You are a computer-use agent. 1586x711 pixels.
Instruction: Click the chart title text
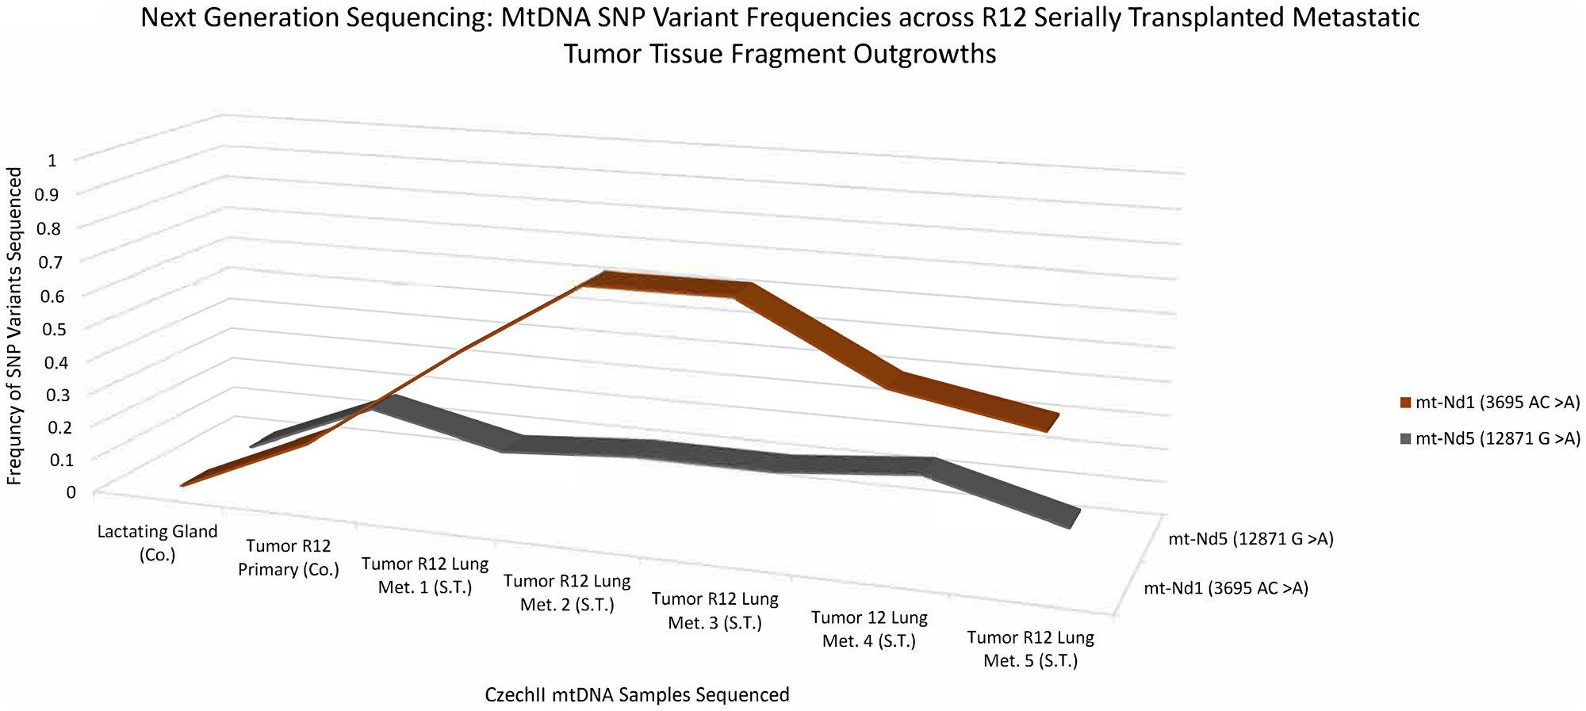780,36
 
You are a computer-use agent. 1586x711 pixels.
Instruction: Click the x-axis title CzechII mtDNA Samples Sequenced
637,695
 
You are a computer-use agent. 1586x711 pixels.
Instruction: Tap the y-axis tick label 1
52,161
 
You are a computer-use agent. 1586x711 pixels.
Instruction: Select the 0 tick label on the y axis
71,491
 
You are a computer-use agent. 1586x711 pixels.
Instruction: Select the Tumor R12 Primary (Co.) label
289,558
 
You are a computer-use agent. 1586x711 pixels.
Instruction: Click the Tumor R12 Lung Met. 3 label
714,611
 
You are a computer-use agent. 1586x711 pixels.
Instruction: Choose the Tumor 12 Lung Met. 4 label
869,629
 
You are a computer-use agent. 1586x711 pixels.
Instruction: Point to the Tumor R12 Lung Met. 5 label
1030,649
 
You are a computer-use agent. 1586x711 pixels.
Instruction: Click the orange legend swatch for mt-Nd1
1406,403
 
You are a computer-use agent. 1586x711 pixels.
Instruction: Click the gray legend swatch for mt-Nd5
1406,438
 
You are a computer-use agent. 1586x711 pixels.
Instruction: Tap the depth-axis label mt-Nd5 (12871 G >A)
1251,540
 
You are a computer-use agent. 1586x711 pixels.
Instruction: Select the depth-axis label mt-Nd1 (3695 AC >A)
1225,588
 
